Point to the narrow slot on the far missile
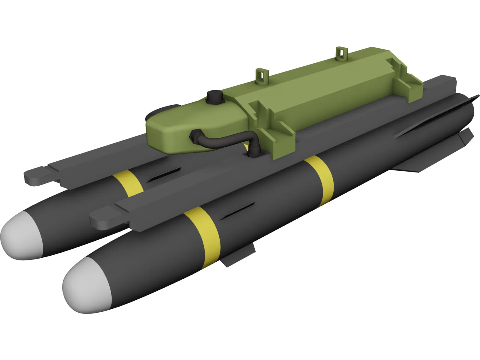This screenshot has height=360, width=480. point(163,175)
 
